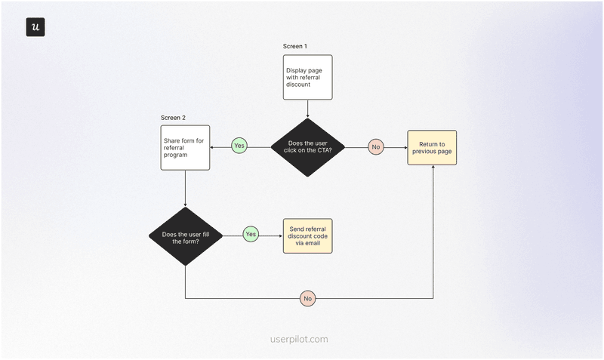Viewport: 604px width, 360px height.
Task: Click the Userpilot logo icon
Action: [x=35, y=27]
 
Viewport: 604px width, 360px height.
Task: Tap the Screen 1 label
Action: [x=295, y=47]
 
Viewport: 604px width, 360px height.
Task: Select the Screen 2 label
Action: [x=173, y=118]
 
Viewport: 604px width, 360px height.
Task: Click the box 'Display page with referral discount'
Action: [x=308, y=77]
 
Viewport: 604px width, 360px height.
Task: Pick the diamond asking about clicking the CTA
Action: [x=307, y=147]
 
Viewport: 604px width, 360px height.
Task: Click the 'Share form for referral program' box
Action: [x=185, y=147]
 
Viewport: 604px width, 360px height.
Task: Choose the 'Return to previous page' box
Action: [x=432, y=148]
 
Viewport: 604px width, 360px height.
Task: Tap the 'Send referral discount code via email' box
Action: [x=307, y=235]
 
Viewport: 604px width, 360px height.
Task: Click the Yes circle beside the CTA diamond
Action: [x=239, y=146]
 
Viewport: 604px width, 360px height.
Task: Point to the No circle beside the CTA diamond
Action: [x=376, y=147]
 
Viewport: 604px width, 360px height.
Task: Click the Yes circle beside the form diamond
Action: [x=251, y=235]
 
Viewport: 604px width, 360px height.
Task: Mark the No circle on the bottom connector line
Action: [x=307, y=299]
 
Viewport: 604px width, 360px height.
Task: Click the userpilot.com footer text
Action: [x=299, y=340]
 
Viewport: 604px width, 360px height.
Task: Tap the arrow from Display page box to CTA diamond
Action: [x=308, y=109]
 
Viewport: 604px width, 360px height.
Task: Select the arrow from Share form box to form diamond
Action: [x=185, y=189]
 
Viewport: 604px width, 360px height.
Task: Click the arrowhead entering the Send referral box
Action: [x=280, y=235]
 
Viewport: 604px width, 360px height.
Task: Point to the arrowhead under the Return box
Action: [x=433, y=168]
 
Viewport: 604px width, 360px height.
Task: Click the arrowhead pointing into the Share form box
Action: [x=212, y=147]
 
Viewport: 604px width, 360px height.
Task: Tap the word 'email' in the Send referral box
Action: [x=318, y=245]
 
